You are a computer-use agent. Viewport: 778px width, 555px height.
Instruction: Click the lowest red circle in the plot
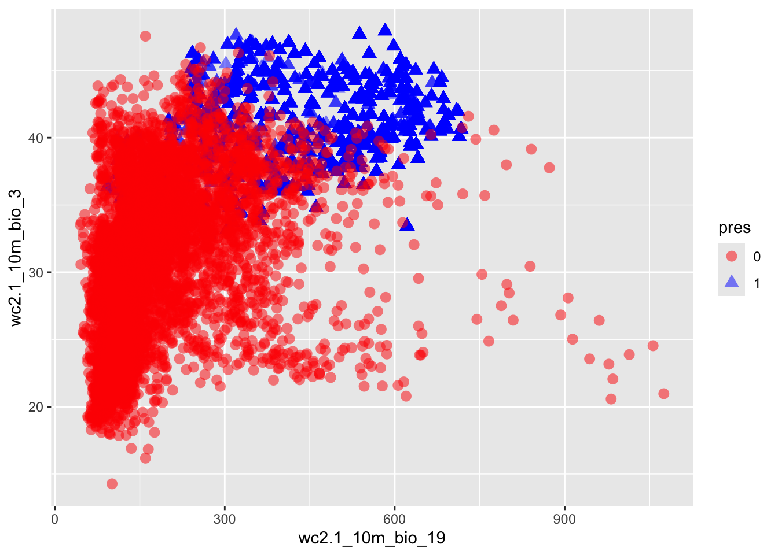click(112, 483)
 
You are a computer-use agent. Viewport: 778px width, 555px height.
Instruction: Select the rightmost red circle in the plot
click(663, 394)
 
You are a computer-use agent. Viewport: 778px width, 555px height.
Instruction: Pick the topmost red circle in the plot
click(145, 36)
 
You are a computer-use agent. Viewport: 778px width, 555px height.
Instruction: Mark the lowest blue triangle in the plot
click(407, 224)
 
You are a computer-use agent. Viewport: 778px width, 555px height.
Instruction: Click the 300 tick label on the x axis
click(224, 519)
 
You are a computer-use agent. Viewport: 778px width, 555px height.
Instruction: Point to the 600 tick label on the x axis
click(394, 519)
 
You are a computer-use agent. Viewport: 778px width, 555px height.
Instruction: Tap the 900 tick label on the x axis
click(564, 519)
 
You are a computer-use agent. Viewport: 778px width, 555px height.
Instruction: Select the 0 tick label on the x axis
click(54, 519)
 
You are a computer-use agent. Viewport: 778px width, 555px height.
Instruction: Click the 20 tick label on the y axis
click(36, 407)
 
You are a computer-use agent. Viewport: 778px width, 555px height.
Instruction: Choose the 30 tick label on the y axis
click(36, 272)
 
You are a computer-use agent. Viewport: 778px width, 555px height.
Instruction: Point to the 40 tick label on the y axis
click(36, 138)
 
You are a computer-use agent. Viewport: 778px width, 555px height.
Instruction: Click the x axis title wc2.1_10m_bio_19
click(372, 538)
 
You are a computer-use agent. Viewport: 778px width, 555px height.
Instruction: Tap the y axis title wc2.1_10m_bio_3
click(16, 258)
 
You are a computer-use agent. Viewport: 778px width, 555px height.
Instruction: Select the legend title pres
click(734, 228)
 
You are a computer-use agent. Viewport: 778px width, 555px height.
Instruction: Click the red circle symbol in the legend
click(732, 256)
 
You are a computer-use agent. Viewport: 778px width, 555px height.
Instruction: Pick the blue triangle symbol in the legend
click(732, 282)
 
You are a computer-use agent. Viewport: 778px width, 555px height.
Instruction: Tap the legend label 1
click(757, 283)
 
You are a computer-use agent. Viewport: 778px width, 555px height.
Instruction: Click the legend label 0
click(757, 257)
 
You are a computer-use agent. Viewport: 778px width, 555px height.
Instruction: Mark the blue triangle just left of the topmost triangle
click(359, 32)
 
